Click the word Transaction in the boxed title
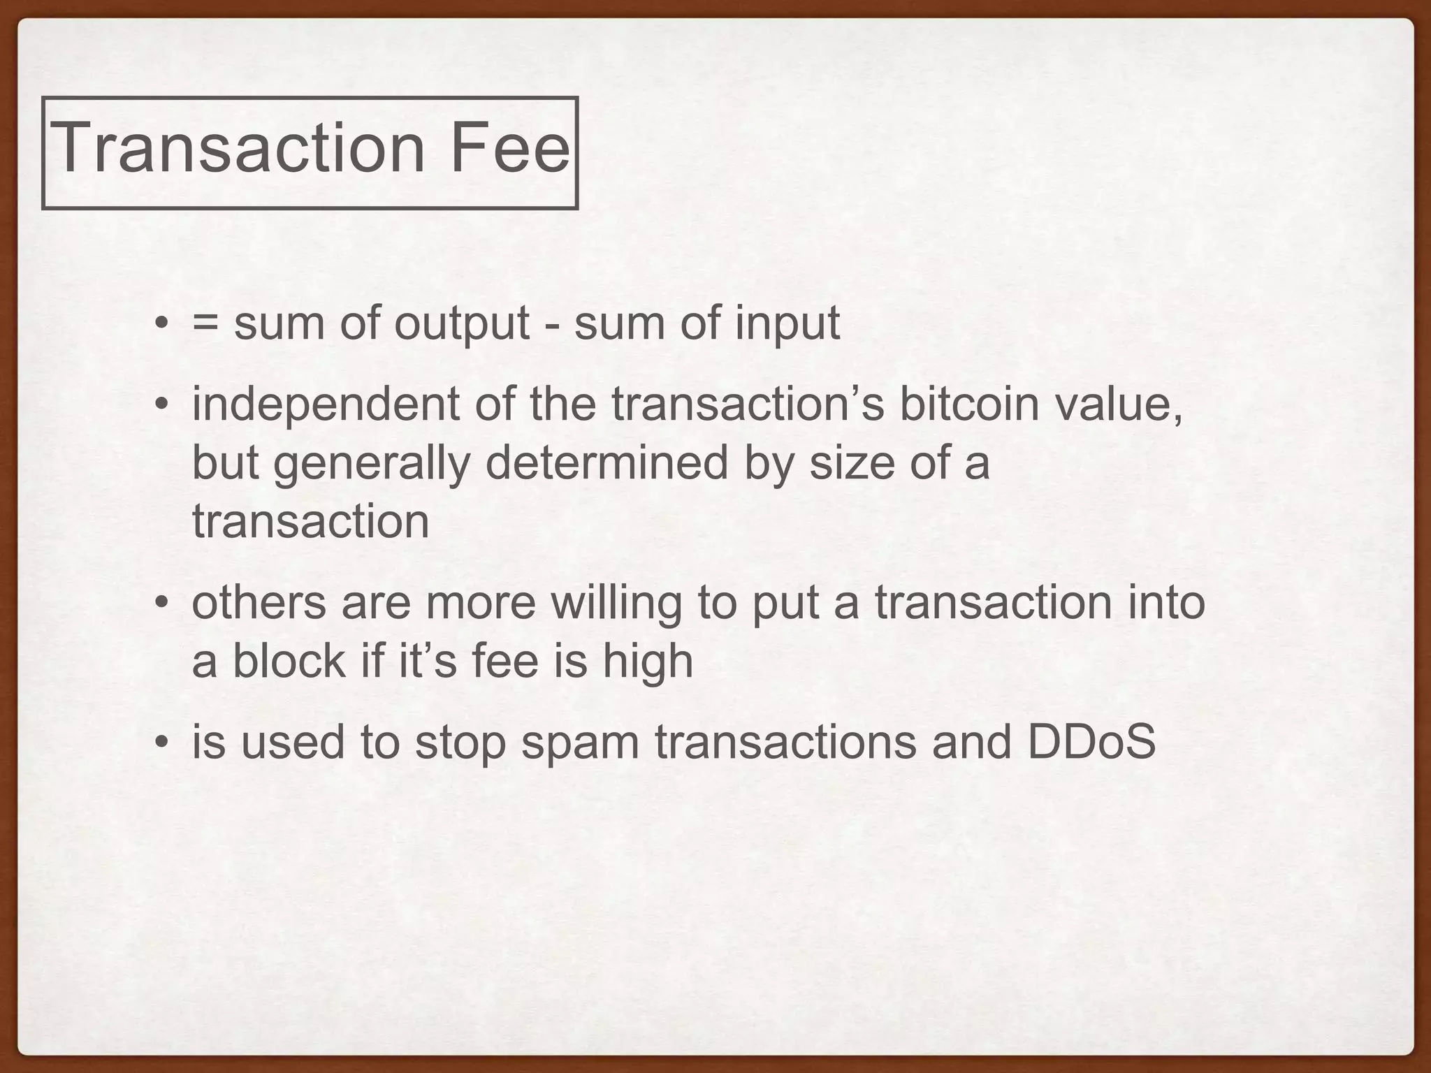click(x=238, y=148)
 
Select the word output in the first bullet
click(x=462, y=324)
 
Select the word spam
click(x=580, y=743)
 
